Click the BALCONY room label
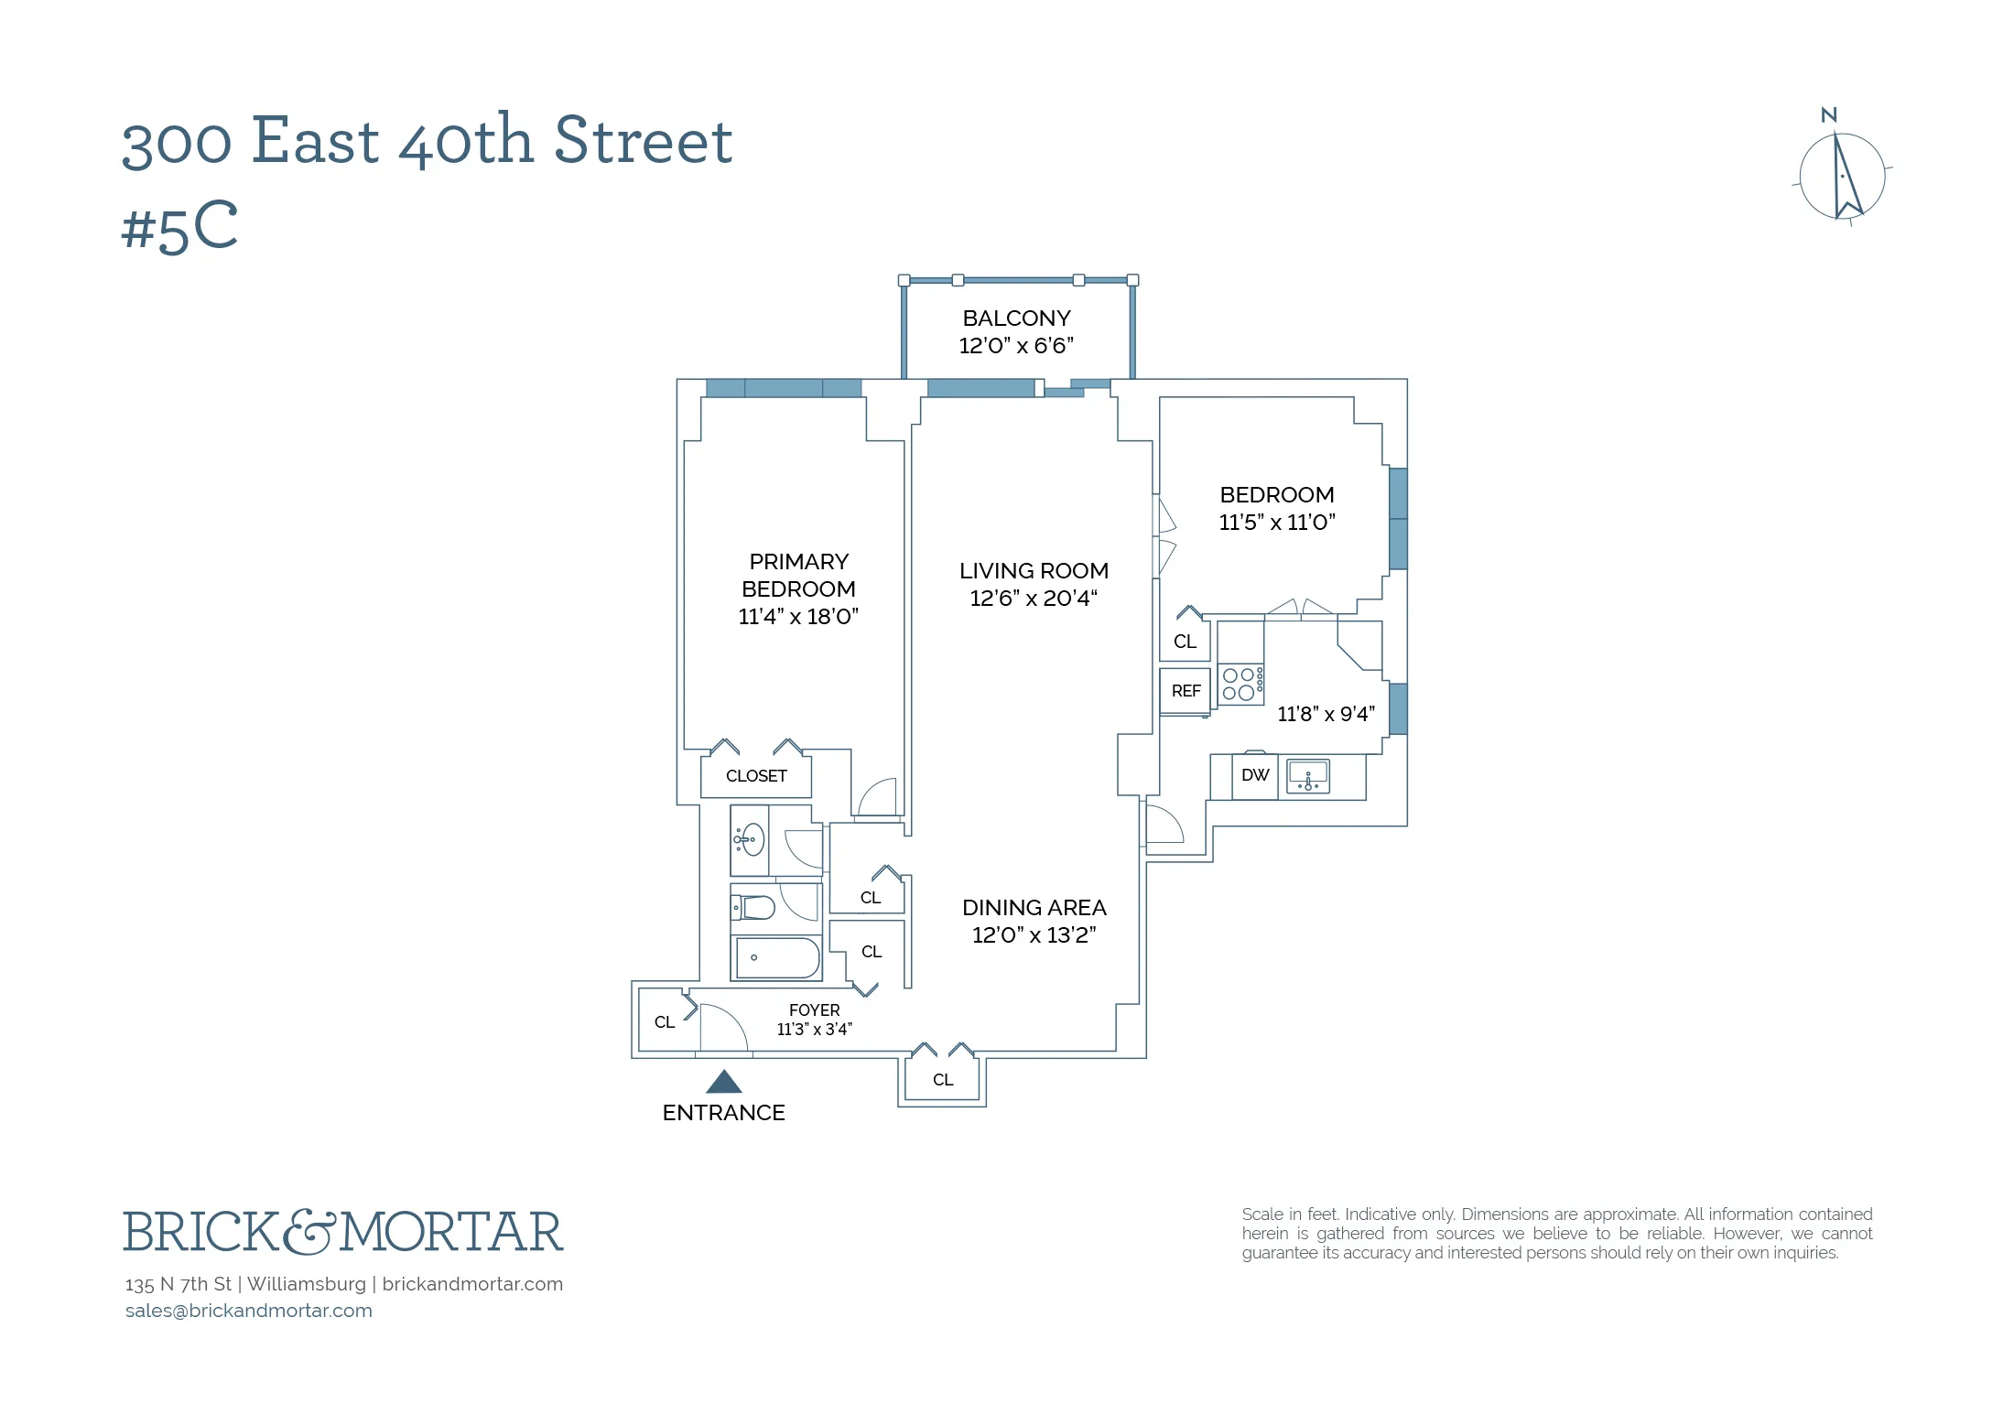click(1016, 318)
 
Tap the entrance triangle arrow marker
click(723, 1083)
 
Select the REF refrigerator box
click(1186, 691)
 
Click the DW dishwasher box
click(1255, 775)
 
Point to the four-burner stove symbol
click(1240, 684)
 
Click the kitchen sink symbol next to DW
click(1308, 776)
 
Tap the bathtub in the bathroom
click(777, 958)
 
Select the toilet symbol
click(755, 907)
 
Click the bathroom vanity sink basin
click(751, 839)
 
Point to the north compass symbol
click(1842, 177)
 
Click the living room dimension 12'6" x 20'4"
click(1034, 599)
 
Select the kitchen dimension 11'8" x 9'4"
click(1326, 714)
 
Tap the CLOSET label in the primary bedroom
click(756, 776)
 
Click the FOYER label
click(814, 1009)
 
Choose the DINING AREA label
click(1034, 908)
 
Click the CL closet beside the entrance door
click(665, 1022)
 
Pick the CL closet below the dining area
click(943, 1080)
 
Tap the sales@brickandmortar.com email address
click(249, 1311)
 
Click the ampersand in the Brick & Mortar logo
click(309, 1232)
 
